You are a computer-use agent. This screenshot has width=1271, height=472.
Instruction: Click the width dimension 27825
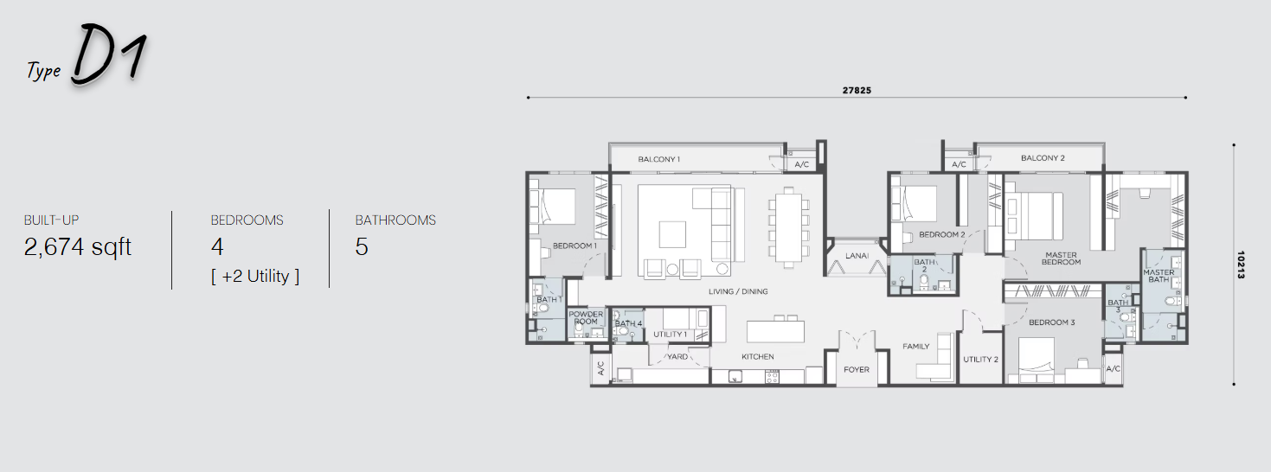(857, 90)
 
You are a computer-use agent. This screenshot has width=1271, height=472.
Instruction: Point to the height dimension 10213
(1241, 265)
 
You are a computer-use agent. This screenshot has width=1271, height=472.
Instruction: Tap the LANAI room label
(857, 256)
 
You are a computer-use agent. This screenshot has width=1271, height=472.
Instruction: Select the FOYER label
(857, 369)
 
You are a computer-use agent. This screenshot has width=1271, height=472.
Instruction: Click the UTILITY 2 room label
(980, 360)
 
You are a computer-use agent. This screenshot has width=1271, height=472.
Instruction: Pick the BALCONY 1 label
(658, 159)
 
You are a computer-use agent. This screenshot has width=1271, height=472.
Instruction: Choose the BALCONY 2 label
(1043, 158)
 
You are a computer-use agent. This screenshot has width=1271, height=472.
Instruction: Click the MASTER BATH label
(1159, 276)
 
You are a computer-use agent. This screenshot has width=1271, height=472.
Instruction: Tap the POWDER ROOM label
(586, 318)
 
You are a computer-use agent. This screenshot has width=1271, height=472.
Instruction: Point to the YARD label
(677, 356)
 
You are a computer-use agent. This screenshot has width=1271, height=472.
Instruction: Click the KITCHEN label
(757, 356)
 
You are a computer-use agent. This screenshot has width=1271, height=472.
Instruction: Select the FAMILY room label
(915, 346)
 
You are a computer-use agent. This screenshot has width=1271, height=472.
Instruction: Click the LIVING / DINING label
(738, 291)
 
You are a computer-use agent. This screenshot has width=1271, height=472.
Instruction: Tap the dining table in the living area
(789, 226)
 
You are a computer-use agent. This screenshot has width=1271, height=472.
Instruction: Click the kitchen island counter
(775, 331)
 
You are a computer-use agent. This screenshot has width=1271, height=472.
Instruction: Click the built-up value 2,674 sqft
(78, 247)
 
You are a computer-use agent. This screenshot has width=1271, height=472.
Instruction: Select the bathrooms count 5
(362, 247)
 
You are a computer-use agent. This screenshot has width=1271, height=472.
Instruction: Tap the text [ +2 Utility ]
(254, 276)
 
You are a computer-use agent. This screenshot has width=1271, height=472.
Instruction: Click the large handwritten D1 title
(110, 55)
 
